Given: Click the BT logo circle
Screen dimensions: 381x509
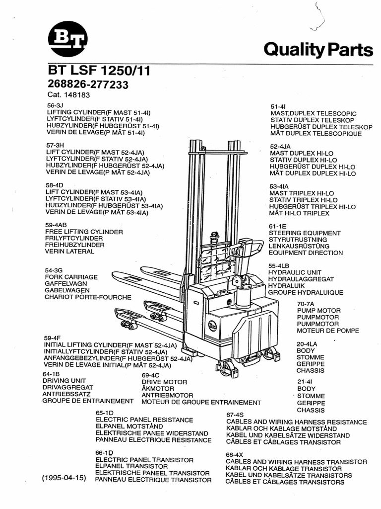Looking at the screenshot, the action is [x=67, y=40].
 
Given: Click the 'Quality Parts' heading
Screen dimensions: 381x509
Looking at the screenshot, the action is [x=318, y=50].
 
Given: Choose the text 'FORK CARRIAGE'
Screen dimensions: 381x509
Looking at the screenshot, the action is [x=71, y=277].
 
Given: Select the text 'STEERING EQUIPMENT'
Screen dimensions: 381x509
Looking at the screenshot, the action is [x=305, y=233].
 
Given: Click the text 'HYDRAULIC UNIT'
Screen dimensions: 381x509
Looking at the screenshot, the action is [x=295, y=273].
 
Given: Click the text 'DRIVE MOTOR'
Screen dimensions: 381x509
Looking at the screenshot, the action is [x=164, y=382].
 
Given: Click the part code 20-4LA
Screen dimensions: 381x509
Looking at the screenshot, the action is [x=308, y=343].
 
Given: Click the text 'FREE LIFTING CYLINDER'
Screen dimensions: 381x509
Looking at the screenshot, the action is [x=84, y=232].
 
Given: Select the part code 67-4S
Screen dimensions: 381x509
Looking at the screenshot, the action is [x=235, y=415].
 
